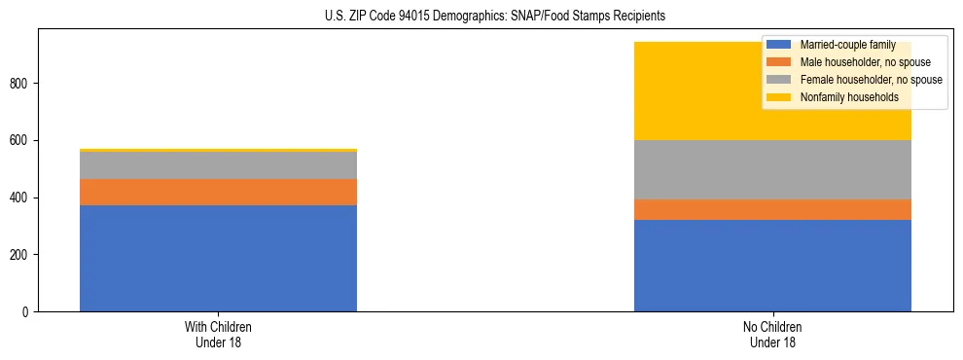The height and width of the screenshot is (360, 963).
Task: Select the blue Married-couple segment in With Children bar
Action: (218, 258)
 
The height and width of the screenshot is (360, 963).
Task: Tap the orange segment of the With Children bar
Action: (218, 192)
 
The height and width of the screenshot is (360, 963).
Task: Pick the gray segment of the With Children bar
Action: (218, 165)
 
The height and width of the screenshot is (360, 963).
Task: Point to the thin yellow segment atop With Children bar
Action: (218, 150)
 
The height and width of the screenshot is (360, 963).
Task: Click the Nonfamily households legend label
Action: (842, 97)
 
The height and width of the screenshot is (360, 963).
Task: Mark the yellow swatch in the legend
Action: (779, 97)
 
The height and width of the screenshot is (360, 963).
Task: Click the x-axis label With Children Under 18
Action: (218, 334)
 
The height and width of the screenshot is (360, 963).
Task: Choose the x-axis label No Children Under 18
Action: (772, 334)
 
